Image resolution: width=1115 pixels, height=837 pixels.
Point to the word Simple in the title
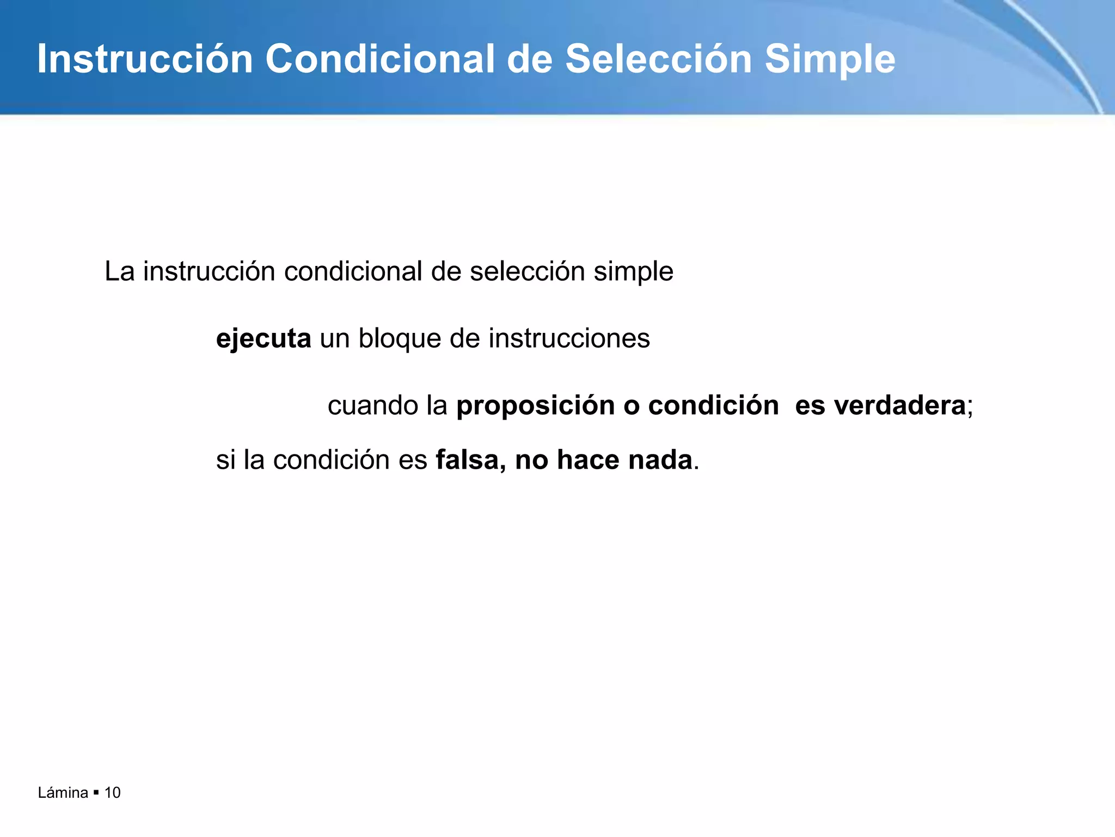point(830,60)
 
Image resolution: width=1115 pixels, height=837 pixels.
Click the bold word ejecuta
point(264,339)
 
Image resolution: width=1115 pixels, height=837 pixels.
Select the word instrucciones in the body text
point(569,338)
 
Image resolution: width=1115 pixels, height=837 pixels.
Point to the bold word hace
point(588,460)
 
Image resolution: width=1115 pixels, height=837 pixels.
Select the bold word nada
point(660,460)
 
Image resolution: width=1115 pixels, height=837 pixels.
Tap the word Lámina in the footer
point(63,793)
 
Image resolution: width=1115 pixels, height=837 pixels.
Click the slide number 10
point(112,793)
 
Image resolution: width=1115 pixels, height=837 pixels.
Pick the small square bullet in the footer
point(96,793)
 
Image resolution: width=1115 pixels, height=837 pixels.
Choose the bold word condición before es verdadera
point(713,406)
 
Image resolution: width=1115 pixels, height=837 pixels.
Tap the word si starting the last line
point(225,460)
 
